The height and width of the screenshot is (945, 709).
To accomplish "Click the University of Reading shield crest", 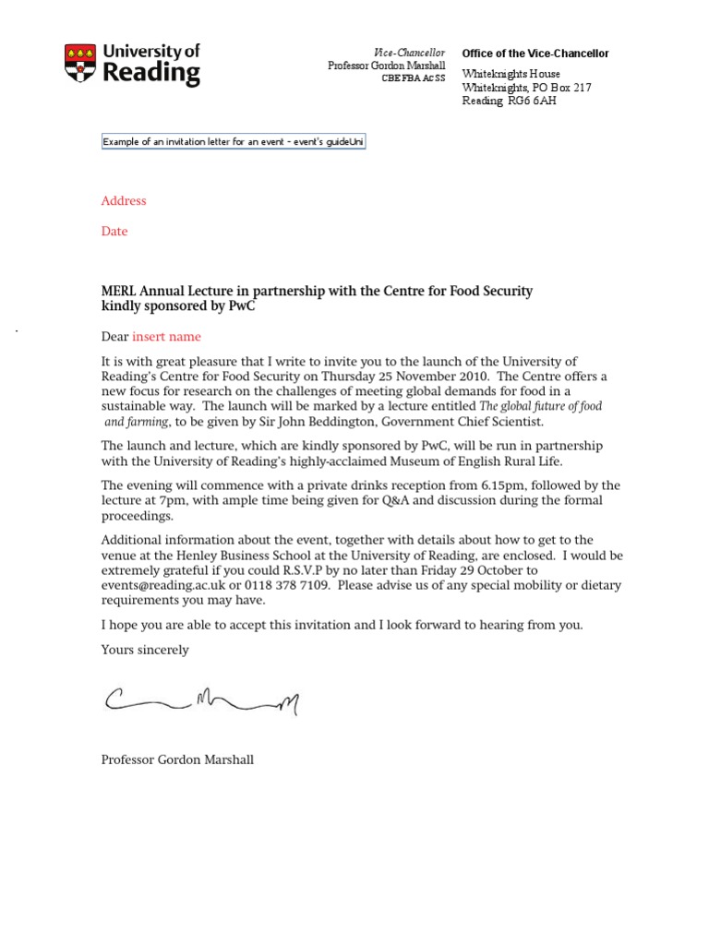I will click(x=79, y=65).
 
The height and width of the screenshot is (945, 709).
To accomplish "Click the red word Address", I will click(x=124, y=201).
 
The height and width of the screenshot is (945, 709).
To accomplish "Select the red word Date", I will click(x=114, y=232).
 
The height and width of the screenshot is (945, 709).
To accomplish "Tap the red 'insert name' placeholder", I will click(x=166, y=337).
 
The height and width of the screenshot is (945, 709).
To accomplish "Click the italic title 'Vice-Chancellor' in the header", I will click(x=409, y=54).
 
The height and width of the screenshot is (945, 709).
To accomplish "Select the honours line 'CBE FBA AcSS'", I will click(x=414, y=78).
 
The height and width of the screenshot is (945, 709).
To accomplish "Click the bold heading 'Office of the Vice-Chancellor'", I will click(x=535, y=54).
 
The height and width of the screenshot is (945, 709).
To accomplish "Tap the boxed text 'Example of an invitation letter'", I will click(x=234, y=142).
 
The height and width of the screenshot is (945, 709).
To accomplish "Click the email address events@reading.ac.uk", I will click(x=162, y=585).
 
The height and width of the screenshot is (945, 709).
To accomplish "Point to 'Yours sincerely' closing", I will click(x=145, y=650).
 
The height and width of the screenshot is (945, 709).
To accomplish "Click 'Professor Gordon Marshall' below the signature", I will click(x=177, y=760).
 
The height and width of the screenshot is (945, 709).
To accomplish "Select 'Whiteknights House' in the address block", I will click(x=511, y=74).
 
